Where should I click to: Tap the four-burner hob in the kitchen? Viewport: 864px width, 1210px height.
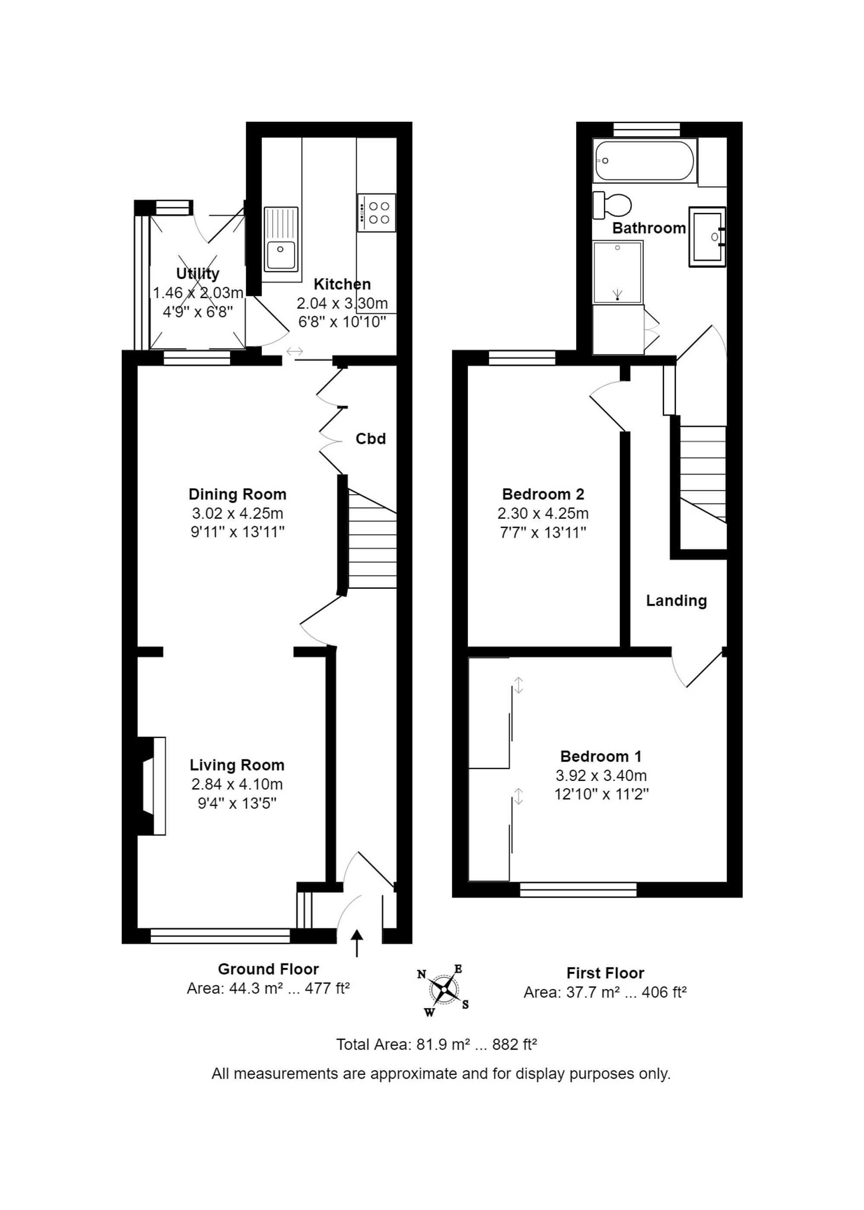point(377,213)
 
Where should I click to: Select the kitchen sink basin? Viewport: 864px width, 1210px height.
point(281,255)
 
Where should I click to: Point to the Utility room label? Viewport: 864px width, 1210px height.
point(198,273)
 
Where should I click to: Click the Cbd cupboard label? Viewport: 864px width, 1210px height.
point(370,439)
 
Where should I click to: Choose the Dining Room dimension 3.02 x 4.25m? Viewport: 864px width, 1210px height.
point(237,513)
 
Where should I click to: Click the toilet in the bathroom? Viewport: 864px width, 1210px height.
point(612,205)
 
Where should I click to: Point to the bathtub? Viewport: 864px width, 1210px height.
point(645,161)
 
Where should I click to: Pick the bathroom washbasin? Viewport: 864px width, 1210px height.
point(707,237)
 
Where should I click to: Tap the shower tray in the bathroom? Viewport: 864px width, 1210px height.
point(618,272)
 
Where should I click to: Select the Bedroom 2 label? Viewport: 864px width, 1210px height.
point(543,494)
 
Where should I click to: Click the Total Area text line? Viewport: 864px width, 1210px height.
point(436,1045)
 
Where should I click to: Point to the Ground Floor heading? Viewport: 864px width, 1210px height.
point(268,969)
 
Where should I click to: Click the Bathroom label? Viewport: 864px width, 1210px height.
point(649,228)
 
